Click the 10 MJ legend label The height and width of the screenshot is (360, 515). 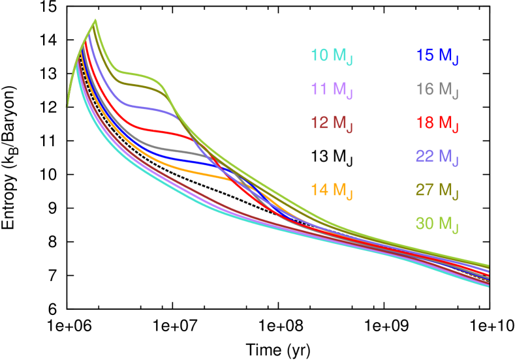click(x=332, y=55)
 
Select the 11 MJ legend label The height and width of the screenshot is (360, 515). click(x=332, y=89)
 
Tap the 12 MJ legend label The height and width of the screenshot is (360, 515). click(x=332, y=123)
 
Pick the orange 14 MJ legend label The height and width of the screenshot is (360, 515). click(x=332, y=190)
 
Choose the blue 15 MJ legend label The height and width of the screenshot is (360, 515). click(x=437, y=55)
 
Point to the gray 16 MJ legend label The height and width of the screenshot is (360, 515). click(x=437, y=89)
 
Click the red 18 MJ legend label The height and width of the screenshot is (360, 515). click(x=437, y=123)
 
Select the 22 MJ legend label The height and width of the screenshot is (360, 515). click(x=437, y=157)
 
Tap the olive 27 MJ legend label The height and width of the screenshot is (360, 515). click(x=437, y=190)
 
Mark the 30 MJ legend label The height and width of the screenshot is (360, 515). click(x=437, y=224)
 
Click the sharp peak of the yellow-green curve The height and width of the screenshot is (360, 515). click(x=96, y=20)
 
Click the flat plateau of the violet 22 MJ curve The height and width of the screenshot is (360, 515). click(x=147, y=106)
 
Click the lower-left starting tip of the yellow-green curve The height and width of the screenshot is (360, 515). click(x=67, y=105)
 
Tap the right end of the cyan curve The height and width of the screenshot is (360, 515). click(x=488, y=286)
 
